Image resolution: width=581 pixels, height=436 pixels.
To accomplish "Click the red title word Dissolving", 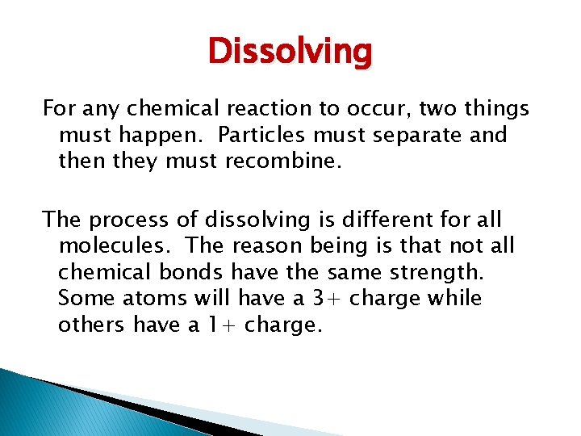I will [290, 52].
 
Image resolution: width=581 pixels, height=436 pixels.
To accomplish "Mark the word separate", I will [420, 135].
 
